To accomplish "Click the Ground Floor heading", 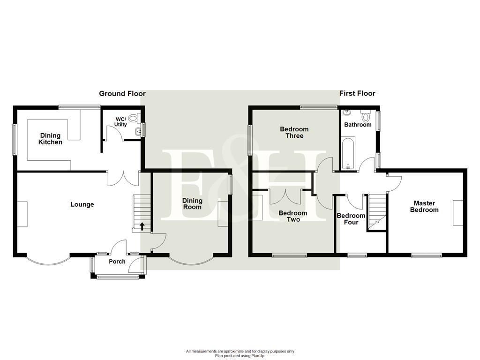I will tap(122, 94).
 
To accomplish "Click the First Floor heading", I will tap(357, 94).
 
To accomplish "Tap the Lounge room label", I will tap(82, 204).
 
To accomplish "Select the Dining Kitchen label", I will tap(50, 139).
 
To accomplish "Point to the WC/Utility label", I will tap(120, 122).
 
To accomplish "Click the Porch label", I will tap(117, 262).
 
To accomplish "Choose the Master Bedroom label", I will tap(424, 207).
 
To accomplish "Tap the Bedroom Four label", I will tap(351, 219).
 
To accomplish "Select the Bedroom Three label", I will tap(294, 133).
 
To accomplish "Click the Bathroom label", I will tap(358, 125).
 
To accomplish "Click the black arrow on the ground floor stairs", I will tap(142, 227).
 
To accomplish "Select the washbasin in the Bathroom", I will tap(347, 112).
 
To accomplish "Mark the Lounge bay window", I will tap(47, 259).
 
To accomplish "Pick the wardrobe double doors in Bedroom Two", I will tap(285, 196).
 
